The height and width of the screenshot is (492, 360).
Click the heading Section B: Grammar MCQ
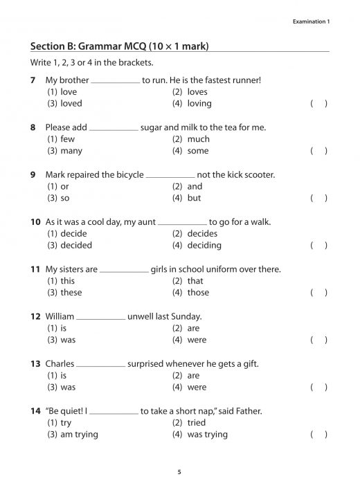pyautogui.click(x=120, y=46)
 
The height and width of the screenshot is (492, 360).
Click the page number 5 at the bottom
pyautogui.click(x=179, y=472)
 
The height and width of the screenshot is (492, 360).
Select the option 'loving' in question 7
pyautogui.click(x=199, y=104)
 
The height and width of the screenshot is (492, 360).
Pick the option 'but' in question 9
pyautogui.click(x=194, y=198)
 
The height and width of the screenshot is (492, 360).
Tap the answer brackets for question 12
pyautogui.click(x=318, y=340)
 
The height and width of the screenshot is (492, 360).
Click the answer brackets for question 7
pyautogui.click(x=318, y=104)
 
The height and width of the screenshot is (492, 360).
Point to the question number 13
pyautogui.click(x=35, y=364)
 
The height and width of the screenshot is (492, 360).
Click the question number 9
pyautogui.click(x=33, y=175)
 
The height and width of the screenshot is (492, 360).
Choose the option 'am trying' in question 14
pyautogui.click(x=80, y=435)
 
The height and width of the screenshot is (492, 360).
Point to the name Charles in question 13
pyautogui.click(x=59, y=364)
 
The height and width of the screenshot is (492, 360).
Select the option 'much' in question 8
pyautogui.click(x=198, y=139)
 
